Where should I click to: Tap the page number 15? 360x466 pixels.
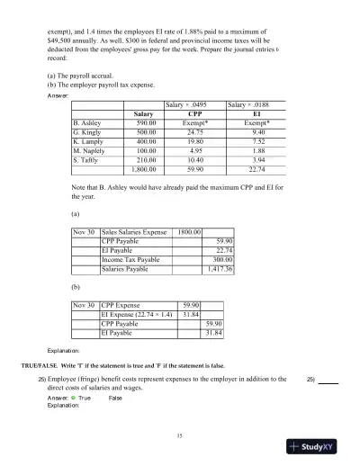180,435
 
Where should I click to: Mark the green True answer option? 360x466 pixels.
75,397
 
